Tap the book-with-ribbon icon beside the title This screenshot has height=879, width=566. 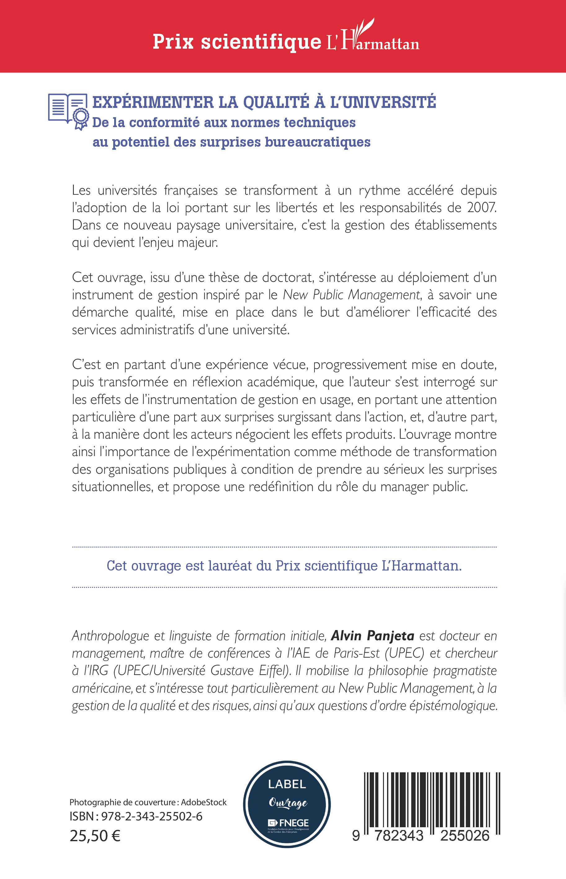coord(68,111)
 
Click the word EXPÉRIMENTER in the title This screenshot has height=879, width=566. coord(153,103)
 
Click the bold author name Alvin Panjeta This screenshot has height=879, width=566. coord(373,636)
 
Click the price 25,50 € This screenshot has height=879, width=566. coord(95,836)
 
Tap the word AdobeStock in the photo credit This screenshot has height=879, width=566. coord(204,802)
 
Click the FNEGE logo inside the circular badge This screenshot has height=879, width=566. coord(288,823)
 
